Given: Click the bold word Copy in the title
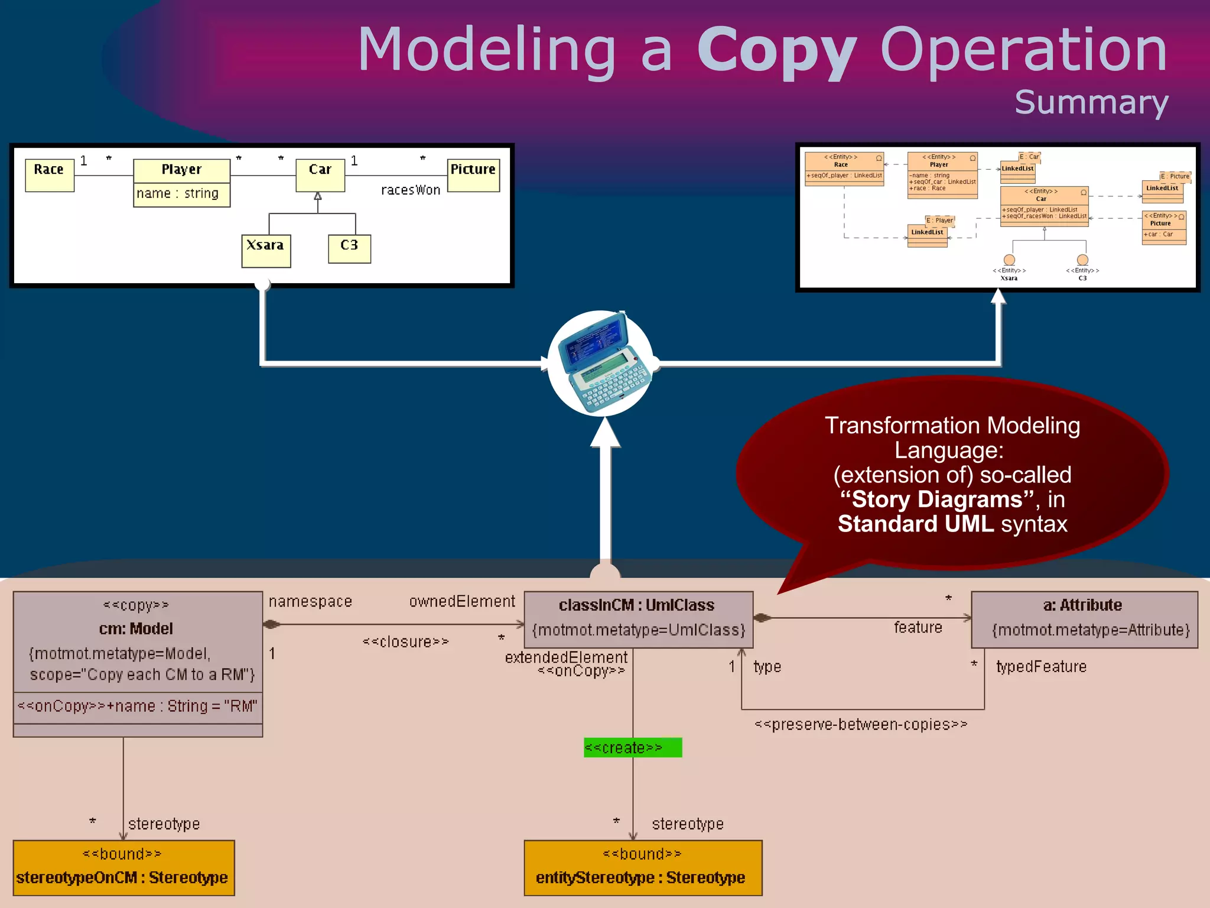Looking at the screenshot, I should point(776,52).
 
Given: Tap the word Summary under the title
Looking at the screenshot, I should point(1091,103).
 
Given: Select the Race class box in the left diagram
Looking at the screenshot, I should point(50,175).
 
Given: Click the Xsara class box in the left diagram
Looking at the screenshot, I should point(266,251).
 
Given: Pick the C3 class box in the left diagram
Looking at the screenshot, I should point(349,249).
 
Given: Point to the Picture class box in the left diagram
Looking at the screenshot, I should point(473,175).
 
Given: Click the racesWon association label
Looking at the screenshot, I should point(411,190).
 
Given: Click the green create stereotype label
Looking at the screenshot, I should point(632,748).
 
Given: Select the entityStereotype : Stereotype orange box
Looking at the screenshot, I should point(643,868).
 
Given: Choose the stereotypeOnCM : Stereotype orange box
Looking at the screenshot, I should point(123,868).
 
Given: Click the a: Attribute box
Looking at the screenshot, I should point(1084,619).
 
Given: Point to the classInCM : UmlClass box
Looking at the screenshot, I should point(638,619).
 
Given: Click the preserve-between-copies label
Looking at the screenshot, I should point(861,725).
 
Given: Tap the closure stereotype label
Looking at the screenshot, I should point(405,642).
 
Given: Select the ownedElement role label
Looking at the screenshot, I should point(462,602).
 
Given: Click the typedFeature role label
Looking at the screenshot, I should point(1041,667).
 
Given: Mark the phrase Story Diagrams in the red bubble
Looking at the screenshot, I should point(937,500).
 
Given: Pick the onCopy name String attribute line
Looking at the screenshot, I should point(137,706).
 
